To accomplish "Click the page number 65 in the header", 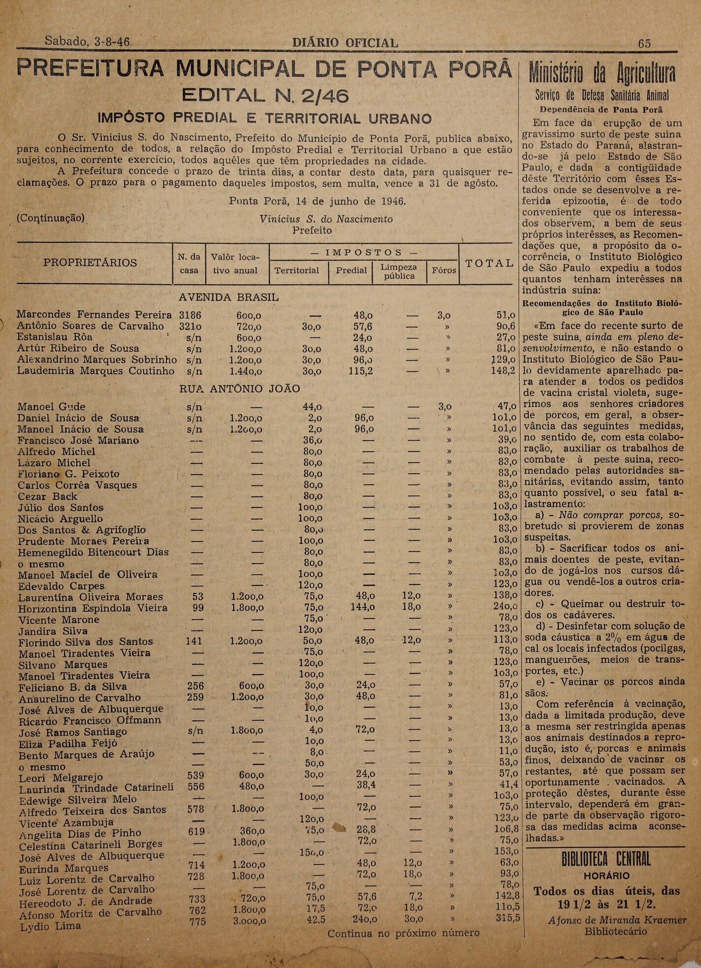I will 644,43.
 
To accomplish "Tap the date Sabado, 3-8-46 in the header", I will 87,42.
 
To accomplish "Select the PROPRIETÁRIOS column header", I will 90,263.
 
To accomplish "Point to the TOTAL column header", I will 489,263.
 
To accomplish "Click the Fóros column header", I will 444,271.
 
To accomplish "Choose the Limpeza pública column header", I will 399,271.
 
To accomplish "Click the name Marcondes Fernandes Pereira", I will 94,315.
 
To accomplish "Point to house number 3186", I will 190,315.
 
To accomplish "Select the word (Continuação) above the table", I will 51,218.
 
